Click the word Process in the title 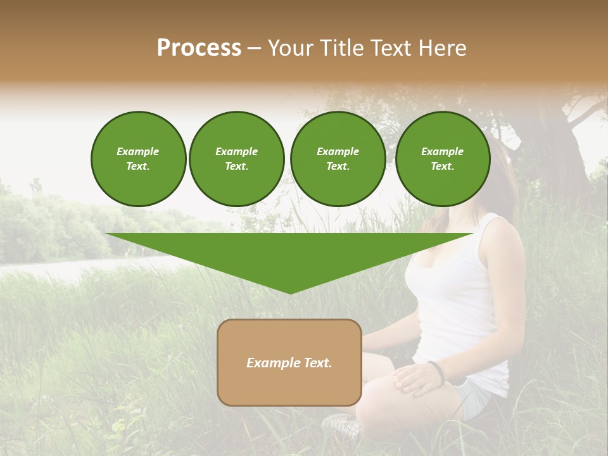pyautogui.click(x=199, y=48)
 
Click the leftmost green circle pyautogui.click(x=138, y=159)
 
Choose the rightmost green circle pyautogui.click(x=442, y=159)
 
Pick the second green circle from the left pyautogui.click(x=236, y=159)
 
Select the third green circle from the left pyautogui.click(x=338, y=159)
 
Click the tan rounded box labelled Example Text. pyautogui.click(x=289, y=362)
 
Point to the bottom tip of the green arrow pyautogui.click(x=290, y=293)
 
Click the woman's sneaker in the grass pyautogui.click(x=342, y=426)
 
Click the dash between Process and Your pyautogui.click(x=254, y=49)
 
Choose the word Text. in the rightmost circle pyautogui.click(x=442, y=167)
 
